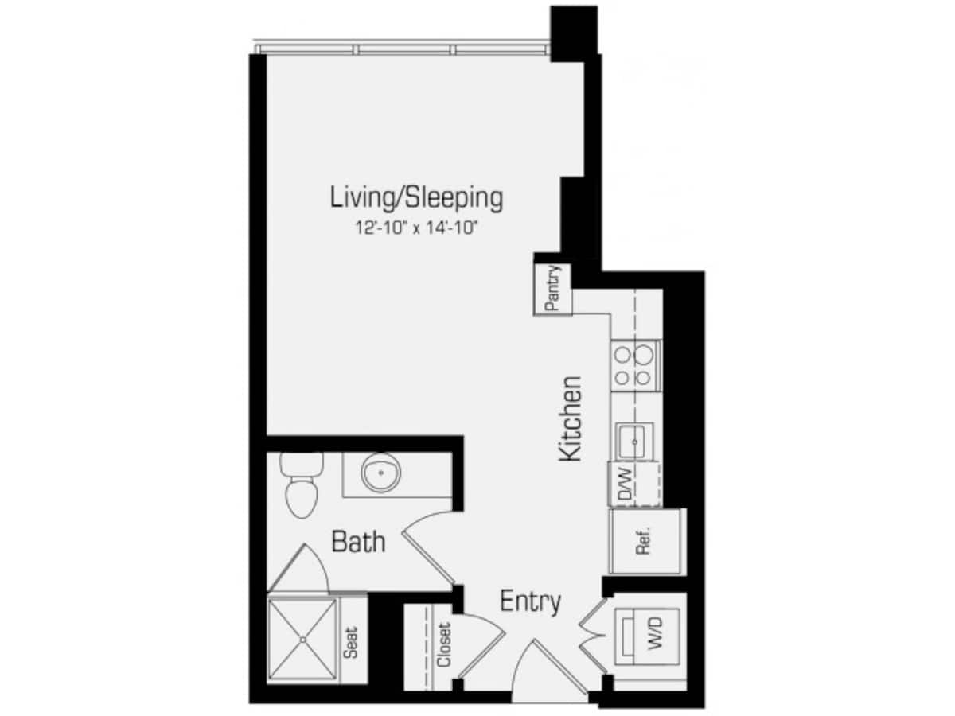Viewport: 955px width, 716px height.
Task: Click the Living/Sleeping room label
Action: point(416,197)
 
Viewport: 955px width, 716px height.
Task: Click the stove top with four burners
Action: point(635,365)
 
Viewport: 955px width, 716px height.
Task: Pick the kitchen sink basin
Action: point(635,439)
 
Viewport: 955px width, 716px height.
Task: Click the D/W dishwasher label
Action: point(624,484)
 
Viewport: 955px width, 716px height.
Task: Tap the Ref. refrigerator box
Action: point(645,541)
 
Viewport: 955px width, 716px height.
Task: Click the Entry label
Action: point(530,601)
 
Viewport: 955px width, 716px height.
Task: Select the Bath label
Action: point(358,543)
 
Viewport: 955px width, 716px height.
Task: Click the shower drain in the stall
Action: point(302,638)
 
